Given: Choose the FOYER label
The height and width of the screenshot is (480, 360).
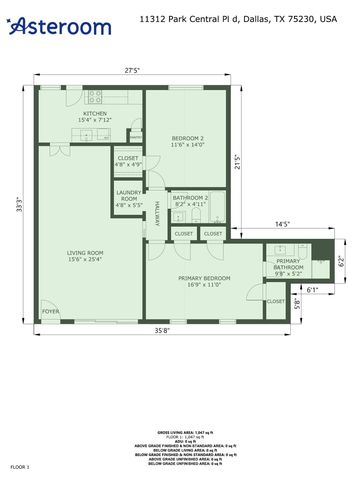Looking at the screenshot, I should click(x=50, y=312).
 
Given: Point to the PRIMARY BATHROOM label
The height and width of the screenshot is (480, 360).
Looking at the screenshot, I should click(x=289, y=266).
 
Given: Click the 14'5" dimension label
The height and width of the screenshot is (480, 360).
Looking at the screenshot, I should click(x=282, y=225).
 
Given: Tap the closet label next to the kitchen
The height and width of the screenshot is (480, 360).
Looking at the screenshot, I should click(x=128, y=161).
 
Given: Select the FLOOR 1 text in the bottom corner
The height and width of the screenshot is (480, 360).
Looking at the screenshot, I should click(x=21, y=466).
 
